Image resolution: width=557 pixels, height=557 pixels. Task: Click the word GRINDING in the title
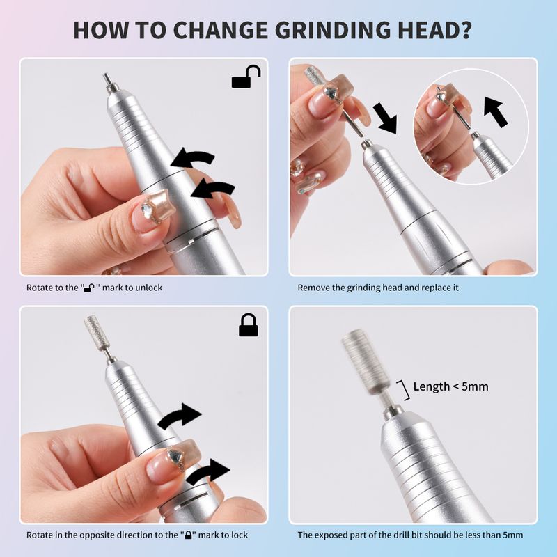333,30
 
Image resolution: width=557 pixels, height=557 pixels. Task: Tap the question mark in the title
464,30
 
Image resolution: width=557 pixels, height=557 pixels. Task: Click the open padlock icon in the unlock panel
246,77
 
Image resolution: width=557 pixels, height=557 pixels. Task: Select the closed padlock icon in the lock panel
249,324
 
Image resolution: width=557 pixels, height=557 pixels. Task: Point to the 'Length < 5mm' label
450,386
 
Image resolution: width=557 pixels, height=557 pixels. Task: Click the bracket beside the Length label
405,390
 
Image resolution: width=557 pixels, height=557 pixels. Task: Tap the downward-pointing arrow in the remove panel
386,118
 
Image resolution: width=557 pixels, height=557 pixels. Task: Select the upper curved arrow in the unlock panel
193,158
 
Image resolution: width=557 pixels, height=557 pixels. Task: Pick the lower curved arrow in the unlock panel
212,188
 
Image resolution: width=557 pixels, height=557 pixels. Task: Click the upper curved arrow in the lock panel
180,416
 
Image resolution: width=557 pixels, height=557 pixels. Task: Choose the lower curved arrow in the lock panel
208,471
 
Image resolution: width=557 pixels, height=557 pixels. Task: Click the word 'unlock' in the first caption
147,288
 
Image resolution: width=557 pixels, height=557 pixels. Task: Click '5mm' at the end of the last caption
512,535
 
